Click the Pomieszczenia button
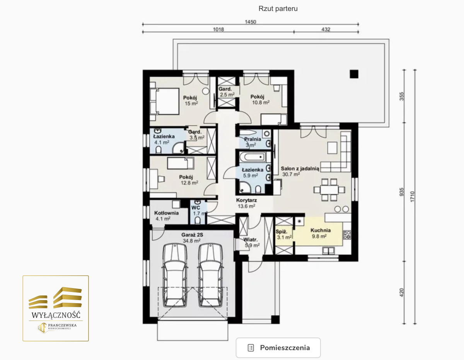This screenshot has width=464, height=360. pyautogui.click(x=278, y=348)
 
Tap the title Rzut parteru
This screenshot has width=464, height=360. pyautogui.click(x=278, y=9)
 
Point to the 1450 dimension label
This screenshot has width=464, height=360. pyautogui.click(x=251, y=22)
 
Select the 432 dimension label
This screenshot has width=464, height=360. pyautogui.click(x=326, y=29)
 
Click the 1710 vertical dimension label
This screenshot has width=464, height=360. pyautogui.click(x=412, y=196)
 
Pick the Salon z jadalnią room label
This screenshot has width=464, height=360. pyautogui.click(x=300, y=169)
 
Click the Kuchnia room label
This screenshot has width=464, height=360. pyautogui.click(x=321, y=230)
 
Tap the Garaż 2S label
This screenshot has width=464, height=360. pyautogui.click(x=192, y=235)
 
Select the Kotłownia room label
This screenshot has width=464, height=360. pyautogui.click(x=166, y=213)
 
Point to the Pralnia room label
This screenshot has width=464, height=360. pyautogui.click(x=252, y=139)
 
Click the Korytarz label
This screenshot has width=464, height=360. pyautogui.click(x=246, y=200)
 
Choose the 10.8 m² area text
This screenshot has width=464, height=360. pyautogui.click(x=261, y=102)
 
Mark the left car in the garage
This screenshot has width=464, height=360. pyautogui.click(x=175, y=275)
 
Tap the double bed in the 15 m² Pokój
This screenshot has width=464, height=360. pyautogui.click(x=164, y=102)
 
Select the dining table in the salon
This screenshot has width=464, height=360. pyautogui.click(x=329, y=189)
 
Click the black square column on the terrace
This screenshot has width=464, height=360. pyautogui.click(x=354, y=74)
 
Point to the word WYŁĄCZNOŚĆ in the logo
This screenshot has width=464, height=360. pyautogui.click(x=56, y=315)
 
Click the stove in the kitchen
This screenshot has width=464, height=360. pyautogui.click(x=347, y=235)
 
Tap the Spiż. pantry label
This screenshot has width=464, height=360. pyautogui.click(x=281, y=232)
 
